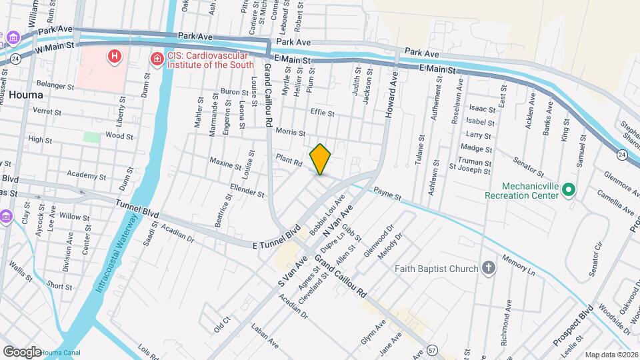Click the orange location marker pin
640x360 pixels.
click(320, 159)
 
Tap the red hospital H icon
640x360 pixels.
click(115, 56)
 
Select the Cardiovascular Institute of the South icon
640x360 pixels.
click(157, 60)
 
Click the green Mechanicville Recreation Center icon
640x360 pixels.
click(569, 191)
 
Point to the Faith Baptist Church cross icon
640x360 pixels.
click(489, 269)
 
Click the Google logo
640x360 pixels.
click(22, 351)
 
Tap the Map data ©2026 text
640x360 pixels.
click(611, 355)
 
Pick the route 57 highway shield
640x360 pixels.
click(433, 349)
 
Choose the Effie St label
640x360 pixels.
click(322, 113)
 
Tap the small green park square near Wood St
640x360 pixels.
click(91, 136)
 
